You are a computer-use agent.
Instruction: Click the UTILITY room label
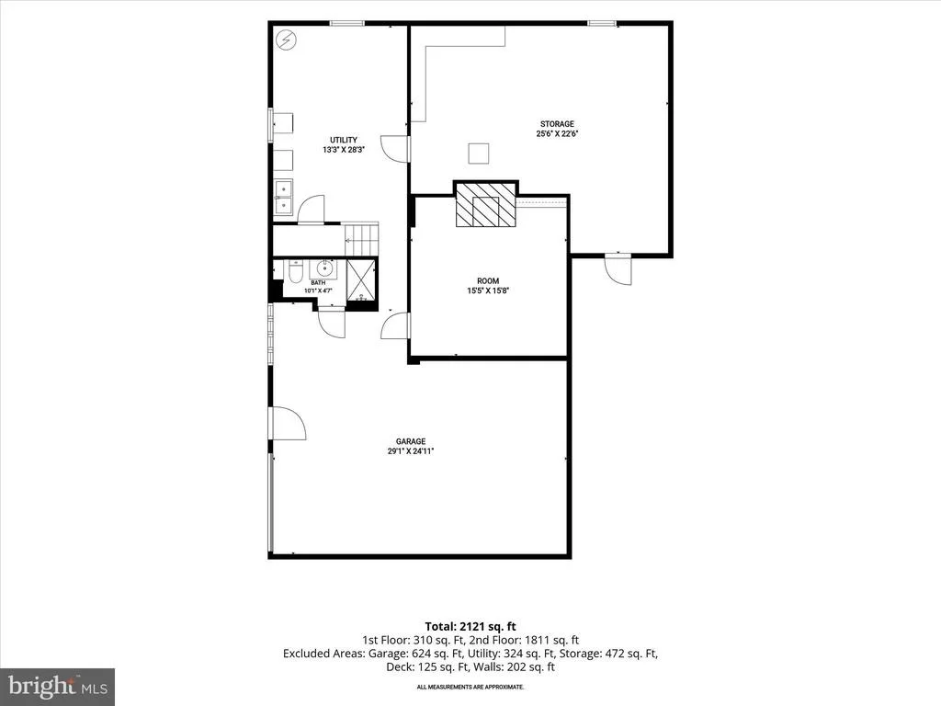pyautogui.click(x=344, y=140)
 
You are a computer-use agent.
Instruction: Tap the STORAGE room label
pyautogui.click(x=557, y=124)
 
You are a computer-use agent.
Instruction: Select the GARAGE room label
pyautogui.click(x=411, y=441)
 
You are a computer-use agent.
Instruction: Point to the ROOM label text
pyautogui.click(x=488, y=281)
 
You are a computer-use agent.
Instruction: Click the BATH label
pyautogui.click(x=318, y=283)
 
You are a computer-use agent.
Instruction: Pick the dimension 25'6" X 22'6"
pyautogui.click(x=557, y=134)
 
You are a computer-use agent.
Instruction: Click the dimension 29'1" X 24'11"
pyautogui.click(x=411, y=450)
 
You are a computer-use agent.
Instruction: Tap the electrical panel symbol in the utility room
pyautogui.click(x=287, y=40)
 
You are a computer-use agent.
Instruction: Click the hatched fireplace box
pyautogui.click(x=485, y=205)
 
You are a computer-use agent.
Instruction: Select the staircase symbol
pyautogui.click(x=362, y=239)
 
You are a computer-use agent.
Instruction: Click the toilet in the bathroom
pyautogui.click(x=295, y=271)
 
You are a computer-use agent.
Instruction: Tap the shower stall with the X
pyautogui.click(x=362, y=279)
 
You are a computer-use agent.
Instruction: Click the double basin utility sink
pyautogui.click(x=283, y=197)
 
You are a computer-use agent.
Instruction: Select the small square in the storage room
pyautogui.click(x=478, y=154)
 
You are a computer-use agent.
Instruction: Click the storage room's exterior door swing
pyautogui.click(x=618, y=268)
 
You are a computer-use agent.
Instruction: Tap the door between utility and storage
pyautogui.click(x=396, y=149)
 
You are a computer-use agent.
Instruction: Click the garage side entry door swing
pyautogui.click(x=289, y=423)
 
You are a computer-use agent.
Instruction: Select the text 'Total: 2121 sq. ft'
pyautogui.click(x=470, y=627)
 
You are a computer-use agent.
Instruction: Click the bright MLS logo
pyautogui.click(x=57, y=686)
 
